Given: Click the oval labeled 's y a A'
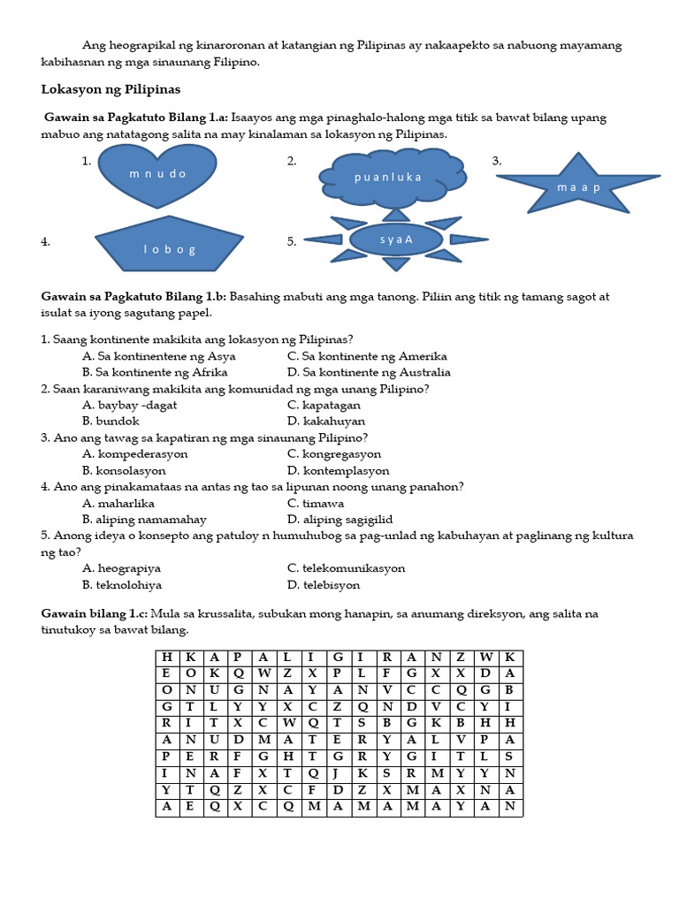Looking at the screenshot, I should click(396, 240).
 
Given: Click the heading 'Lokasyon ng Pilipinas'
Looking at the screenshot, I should click(111, 89).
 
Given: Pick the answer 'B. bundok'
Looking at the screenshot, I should click(111, 422).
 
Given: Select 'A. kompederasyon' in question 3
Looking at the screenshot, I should click(134, 454).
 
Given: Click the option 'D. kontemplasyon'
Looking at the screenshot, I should click(339, 471).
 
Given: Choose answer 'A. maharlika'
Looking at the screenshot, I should click(120, 504).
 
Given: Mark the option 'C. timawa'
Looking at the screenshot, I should click(316, 504).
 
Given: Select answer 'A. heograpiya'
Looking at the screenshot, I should click(122, 568).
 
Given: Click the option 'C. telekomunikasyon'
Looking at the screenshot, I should click(347, 568).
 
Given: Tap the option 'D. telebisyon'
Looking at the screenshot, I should click(324, 585).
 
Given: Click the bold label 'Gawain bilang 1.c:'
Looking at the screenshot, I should click(95, 613).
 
